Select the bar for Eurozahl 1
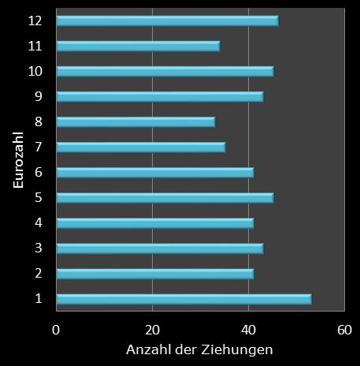click(x=184, y=299)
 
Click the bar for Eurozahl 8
click(x=135, y=122)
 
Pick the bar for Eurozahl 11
click(x=138, y=46)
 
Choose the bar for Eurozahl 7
click(x=140, y=148)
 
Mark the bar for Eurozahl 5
click(x=165, y=198)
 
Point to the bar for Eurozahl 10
click(x=165, y=72)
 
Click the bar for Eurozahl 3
click(x=160, y=248)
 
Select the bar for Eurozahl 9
click(x=160, y=97)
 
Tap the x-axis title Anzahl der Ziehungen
click(x=199, y=349)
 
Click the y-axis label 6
click(x=39, y=173)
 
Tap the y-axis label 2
click(x=39, y=274)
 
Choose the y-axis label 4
click(x=39, y=223)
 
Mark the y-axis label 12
click(x=35, y=21)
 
